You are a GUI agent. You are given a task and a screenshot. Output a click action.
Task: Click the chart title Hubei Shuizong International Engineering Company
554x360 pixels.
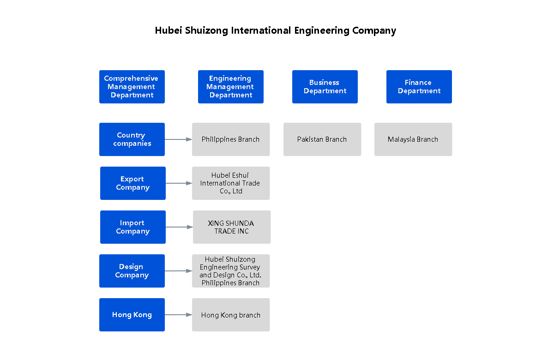[275, 30]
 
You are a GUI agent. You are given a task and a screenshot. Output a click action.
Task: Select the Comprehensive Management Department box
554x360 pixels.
[132, 87]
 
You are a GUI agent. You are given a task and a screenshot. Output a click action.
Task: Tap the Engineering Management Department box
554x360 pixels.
[231, 87]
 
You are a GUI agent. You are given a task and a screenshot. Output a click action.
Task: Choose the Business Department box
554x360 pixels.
[325, 87]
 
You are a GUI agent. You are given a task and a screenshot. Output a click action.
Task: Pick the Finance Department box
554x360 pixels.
[419, 87]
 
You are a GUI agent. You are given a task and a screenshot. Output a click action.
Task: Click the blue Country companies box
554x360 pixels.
[132, 139]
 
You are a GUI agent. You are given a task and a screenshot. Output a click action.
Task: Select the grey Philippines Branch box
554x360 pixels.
[231, 139]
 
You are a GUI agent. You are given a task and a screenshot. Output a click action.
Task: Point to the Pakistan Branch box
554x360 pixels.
[322, 139]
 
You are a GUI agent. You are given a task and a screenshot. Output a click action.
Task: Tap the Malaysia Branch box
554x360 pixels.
[413, 139]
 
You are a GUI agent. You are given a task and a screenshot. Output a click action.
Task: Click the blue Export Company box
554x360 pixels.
[133, 183]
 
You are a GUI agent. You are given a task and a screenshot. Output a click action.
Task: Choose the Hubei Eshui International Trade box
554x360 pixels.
[231, 183]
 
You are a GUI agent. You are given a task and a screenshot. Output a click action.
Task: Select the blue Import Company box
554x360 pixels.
[133, 227]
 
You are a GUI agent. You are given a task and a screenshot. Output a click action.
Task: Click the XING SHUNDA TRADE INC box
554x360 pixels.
[232, 227]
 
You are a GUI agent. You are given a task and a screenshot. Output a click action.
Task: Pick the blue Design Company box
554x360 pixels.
[132, 271]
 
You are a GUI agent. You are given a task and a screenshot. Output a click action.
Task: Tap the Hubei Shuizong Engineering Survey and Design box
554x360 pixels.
[231, 271]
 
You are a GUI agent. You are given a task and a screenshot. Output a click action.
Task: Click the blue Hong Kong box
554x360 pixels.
[132, 315]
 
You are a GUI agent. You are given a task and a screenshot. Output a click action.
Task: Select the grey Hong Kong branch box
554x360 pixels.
[231, 315]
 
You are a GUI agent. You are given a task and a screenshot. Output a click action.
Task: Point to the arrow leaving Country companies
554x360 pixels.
[178, 139]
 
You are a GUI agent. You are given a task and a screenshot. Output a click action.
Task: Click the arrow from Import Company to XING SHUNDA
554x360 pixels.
[179, 227]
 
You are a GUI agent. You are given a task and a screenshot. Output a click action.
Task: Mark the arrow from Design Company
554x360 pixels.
[178, 271]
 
